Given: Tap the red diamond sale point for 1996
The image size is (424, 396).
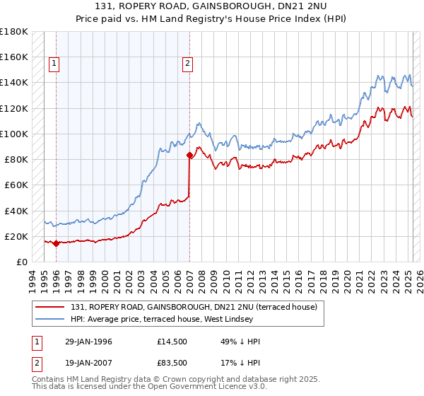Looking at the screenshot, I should click(x=56, y=243).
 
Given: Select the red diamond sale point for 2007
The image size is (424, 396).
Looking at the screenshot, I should click(x=189, y=155).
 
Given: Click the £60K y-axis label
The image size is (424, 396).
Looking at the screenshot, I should click(x=16, y=185).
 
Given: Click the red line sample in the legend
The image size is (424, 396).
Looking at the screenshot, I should click(x=50, y=306).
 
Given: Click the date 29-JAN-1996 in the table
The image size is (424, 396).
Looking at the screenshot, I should click(x=89, y=342).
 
